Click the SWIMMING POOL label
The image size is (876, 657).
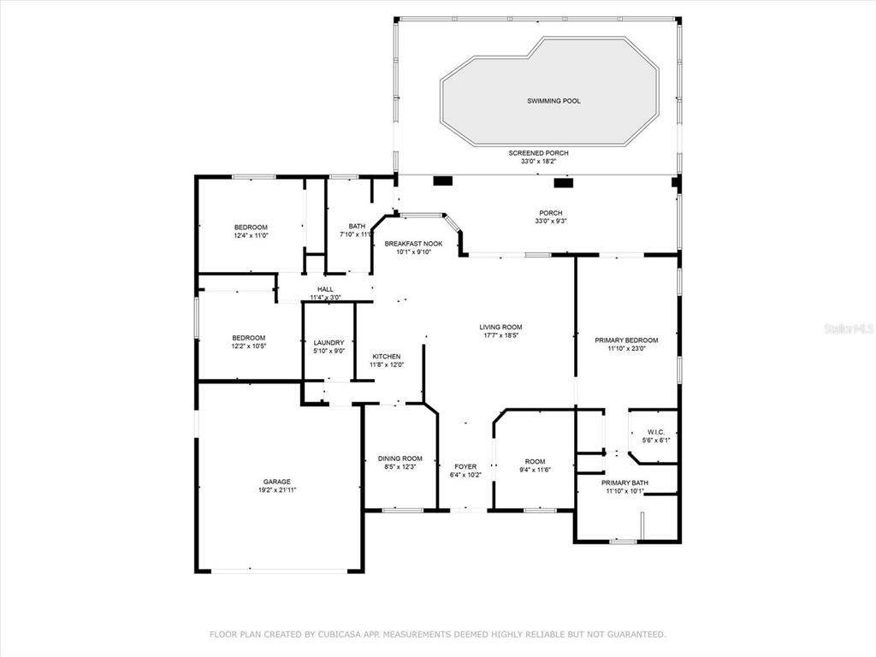point(553,101)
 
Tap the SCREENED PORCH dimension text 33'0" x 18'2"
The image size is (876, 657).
point(539,162)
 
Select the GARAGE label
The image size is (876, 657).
point(277,482)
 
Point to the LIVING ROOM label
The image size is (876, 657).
point(500,328)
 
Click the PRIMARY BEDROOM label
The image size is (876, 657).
point(626,340)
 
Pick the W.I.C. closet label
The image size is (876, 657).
point(656,432)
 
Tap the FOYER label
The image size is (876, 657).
point(465,466)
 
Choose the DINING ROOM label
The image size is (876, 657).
point(400,459)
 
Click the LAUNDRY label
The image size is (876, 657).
point(328,343)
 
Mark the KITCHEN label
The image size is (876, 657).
point(387,357)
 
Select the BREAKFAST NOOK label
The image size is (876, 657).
point(413,244)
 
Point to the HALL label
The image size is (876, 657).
point(325,289)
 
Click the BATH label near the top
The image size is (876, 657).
point(357,226)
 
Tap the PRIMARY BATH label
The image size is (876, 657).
point(624,482)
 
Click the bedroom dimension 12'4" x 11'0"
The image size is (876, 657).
point(251,236)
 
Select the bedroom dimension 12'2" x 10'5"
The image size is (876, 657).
point(249,346)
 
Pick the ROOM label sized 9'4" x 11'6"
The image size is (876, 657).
point(536,461)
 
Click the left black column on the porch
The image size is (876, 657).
point(442,181)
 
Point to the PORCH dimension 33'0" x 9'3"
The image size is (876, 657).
point(551,222)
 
